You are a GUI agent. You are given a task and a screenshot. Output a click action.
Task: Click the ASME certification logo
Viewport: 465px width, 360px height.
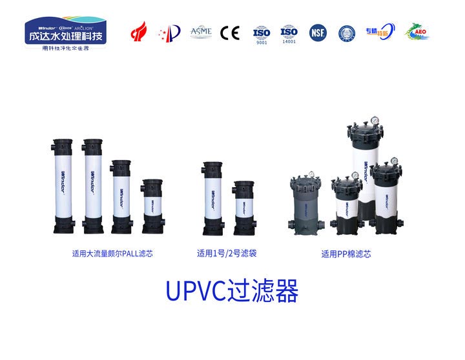coord(201,32)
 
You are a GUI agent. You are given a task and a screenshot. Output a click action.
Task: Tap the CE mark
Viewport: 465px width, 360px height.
coord(229,32)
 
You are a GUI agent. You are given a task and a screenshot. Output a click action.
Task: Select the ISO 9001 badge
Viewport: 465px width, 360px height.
coord(261,33)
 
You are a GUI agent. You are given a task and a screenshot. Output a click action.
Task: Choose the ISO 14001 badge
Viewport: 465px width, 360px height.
coord(289,33)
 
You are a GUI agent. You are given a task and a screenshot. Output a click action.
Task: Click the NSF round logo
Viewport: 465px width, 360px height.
coord(318,32)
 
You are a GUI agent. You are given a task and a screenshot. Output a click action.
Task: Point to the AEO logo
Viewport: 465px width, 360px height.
coord(417,32)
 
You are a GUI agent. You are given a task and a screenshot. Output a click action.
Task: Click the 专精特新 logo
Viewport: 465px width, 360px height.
coord(380,32)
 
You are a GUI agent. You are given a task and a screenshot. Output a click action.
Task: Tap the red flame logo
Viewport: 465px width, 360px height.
coord(139,32)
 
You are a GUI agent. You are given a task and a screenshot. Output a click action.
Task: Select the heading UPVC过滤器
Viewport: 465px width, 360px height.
coord(232,292)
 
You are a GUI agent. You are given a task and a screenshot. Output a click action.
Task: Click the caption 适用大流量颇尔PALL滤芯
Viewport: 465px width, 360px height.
coord(112,254)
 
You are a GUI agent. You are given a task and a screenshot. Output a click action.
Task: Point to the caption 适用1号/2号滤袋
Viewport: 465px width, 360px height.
coord(227,254)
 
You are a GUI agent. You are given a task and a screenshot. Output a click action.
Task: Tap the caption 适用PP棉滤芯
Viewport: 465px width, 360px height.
coord(346,254)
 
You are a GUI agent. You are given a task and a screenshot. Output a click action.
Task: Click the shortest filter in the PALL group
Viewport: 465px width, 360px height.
coord(153,206)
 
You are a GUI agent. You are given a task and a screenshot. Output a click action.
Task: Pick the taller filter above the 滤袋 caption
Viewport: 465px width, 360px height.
coord(213,197)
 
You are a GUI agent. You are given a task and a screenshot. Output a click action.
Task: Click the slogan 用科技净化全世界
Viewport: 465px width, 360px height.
coord(65,48)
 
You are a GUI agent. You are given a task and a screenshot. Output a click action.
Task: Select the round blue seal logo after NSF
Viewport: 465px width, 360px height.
coord(347,32)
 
